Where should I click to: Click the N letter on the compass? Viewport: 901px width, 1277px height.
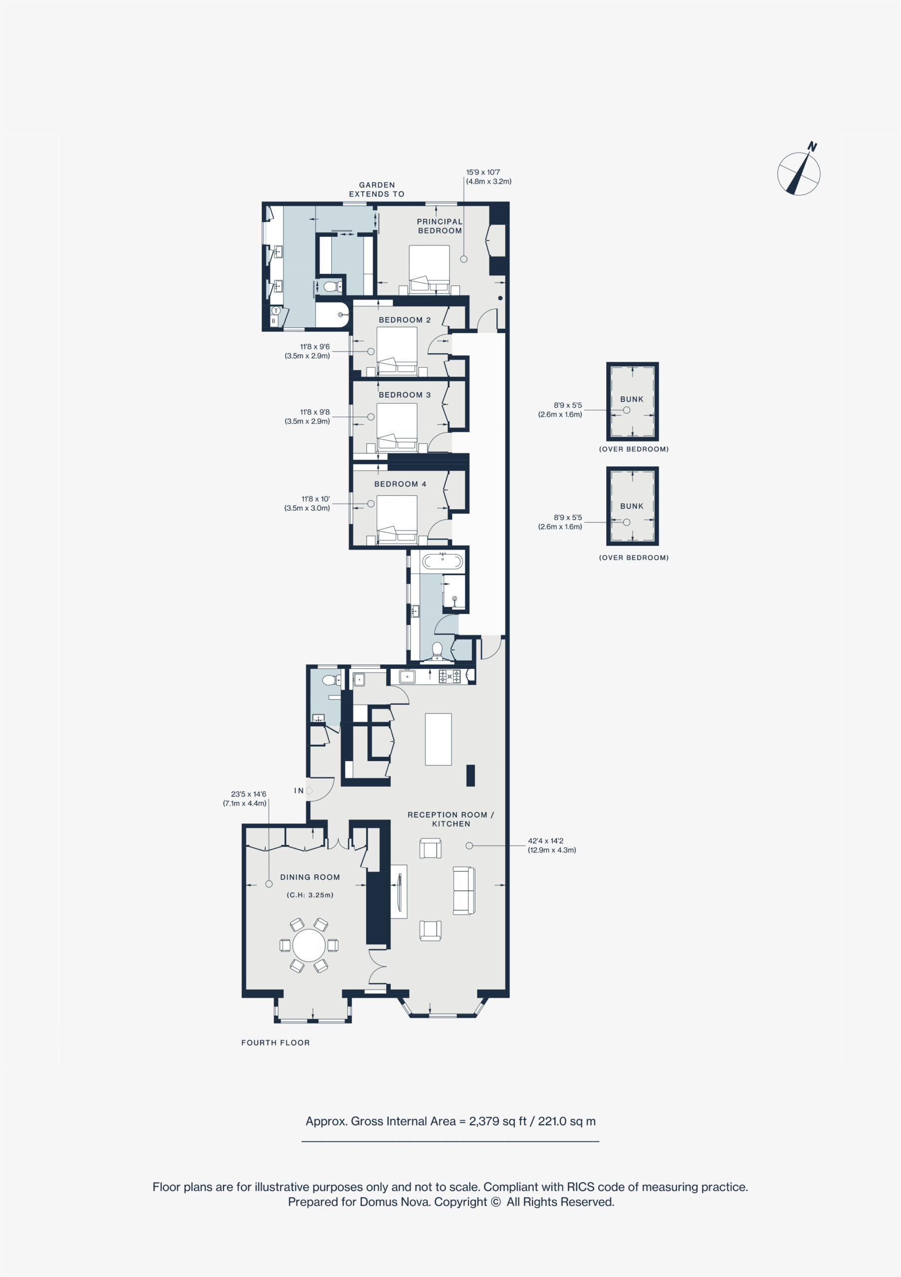[x=812, y=147]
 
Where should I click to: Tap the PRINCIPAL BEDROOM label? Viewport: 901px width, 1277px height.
[x=440, y=226]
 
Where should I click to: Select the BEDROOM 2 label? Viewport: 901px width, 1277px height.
[x=405, y=320]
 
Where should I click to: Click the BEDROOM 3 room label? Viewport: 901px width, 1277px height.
[x=405, y=395]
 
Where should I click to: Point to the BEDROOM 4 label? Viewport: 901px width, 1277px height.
[x=401, y=484]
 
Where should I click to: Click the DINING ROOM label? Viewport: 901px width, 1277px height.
[x=310, y=877]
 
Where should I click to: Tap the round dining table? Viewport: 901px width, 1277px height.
[x=309, y=945]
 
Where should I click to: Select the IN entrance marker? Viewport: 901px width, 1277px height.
[x=299, y=790]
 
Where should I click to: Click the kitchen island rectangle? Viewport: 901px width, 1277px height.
[x=438, y=739]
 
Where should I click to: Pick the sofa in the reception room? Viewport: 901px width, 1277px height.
[x=464, y=890]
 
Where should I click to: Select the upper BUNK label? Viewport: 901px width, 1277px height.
[x=632, y=400]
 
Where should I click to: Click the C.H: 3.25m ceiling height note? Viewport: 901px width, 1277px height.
[x=310, y=895]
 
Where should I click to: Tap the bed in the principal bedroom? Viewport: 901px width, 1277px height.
[x=430, y=269]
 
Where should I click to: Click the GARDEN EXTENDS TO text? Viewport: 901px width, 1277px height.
[x=377, y=189]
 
